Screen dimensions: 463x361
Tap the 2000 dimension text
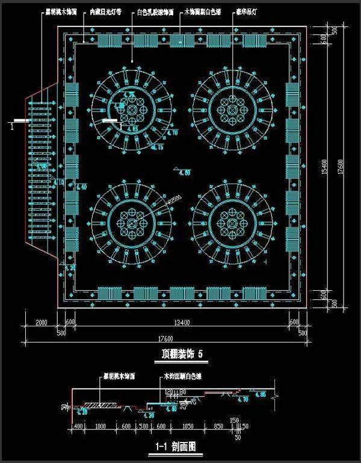point(41,323)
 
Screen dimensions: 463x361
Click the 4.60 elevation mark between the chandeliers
point(184,173)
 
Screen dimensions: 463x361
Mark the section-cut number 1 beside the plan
point(11,126)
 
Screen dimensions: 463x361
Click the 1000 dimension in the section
point(100,426)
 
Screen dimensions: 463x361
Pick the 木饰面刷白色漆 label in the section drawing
point(184,376)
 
